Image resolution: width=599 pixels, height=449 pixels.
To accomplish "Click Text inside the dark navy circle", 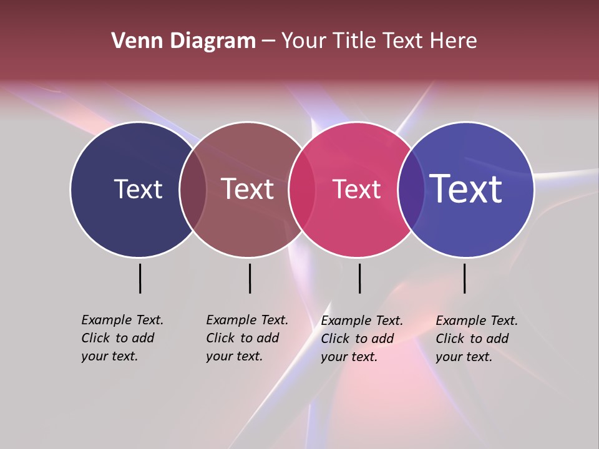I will pyautogui.click(x=138, y=189).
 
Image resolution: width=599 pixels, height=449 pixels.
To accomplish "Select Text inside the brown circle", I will pyautogui.click(x=247, y=189).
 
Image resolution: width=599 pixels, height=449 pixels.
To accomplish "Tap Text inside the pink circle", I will pyautogui.click(x=356, y=189).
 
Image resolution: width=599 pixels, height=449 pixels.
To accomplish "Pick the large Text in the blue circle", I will pyautogui.click(x=465, y=189).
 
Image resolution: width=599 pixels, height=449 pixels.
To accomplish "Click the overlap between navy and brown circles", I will pyautogui.click(x=193, y=189).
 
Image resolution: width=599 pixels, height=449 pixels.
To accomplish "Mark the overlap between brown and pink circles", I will pyautogui.click(x=302, y=189).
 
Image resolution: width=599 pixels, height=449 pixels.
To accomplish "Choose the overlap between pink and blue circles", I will pyautogui.click(x=411, y=189).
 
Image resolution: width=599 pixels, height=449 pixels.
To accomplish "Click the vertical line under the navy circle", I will pyautogui.click(x=140, y=278).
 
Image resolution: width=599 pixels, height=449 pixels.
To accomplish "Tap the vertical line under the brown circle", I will pyautogui.click(x=250, y=278).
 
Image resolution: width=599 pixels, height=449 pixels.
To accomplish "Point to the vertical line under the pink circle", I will pyautogui.click(x=359, y=278).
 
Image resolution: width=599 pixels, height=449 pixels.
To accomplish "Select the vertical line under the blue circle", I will pyautogui.click(x=464, y=278).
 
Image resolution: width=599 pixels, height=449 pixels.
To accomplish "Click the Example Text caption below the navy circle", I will pyautogui.click(x=122, y=338).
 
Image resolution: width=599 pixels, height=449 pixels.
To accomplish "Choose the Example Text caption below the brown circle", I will pyautogui.click(x=246, y=338).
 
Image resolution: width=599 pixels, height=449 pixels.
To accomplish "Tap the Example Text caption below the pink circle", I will pyautogui.click(x=361, y=339).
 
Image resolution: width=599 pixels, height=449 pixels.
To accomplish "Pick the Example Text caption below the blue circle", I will pyautogui.click(x=476, y=339).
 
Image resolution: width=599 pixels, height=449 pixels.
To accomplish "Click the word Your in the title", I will pyautogui.click(x=303, y=41).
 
